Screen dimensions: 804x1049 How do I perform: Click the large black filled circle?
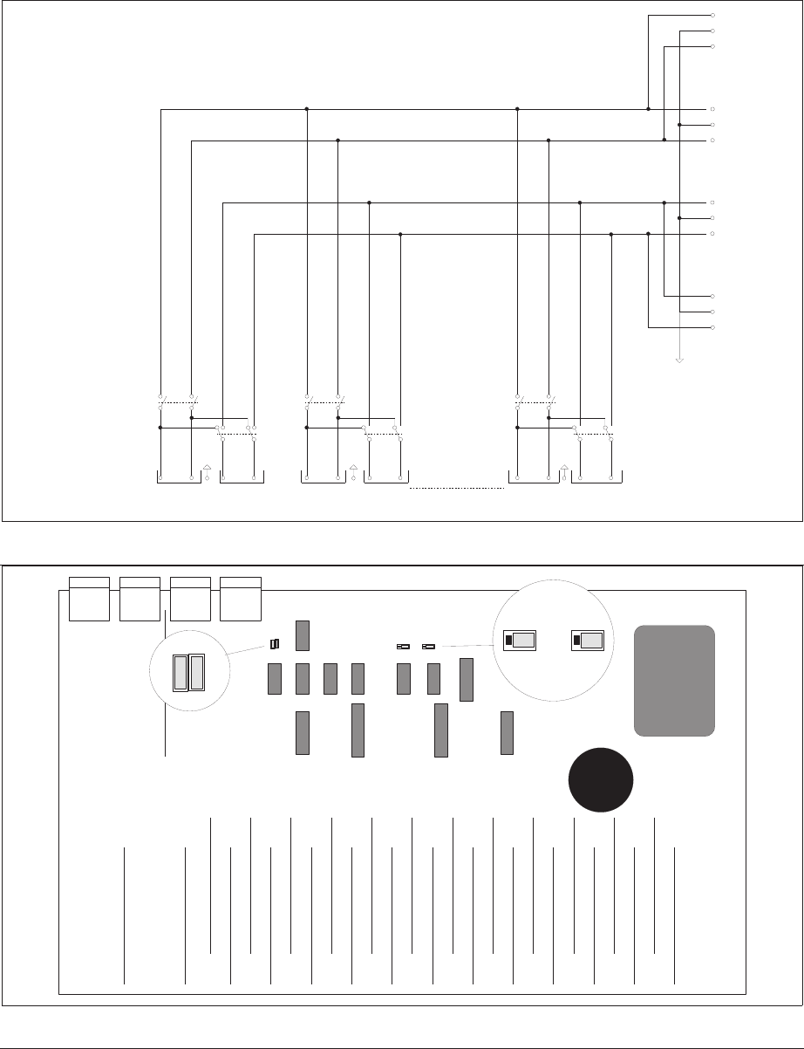tap(601, 779)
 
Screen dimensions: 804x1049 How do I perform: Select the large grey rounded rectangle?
tap(674, 680)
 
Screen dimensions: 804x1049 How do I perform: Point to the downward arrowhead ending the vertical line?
tap(679, 360)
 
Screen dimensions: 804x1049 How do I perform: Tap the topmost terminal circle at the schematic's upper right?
tap(713, 16)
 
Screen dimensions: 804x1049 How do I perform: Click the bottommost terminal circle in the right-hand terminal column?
tap(713, 327)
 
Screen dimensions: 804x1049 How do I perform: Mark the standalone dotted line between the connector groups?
tap(457, 489)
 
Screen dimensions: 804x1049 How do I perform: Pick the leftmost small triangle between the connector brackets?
tap(207, 468)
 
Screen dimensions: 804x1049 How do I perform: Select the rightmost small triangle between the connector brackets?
tap(564, 468)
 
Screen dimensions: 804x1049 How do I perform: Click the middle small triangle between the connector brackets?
tap(352, 468)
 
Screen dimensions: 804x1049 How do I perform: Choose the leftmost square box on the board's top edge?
tap(89, 598)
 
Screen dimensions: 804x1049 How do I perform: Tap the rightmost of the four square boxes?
tap(242, 598)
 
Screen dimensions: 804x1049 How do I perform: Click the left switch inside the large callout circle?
tap(519, 641)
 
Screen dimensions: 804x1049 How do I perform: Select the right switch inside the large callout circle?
tap(587, 641)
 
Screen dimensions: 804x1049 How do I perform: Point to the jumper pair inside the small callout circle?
tap(188, 674)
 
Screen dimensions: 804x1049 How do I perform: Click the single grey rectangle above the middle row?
tap(303, 634)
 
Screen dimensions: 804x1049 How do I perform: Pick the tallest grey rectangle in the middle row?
tap(467, 680)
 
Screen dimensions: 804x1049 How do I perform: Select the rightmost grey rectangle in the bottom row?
tap(508, 732)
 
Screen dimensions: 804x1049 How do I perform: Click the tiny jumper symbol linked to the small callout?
tap(275, 644)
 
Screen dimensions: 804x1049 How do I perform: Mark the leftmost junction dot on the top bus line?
tap(307, 109)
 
